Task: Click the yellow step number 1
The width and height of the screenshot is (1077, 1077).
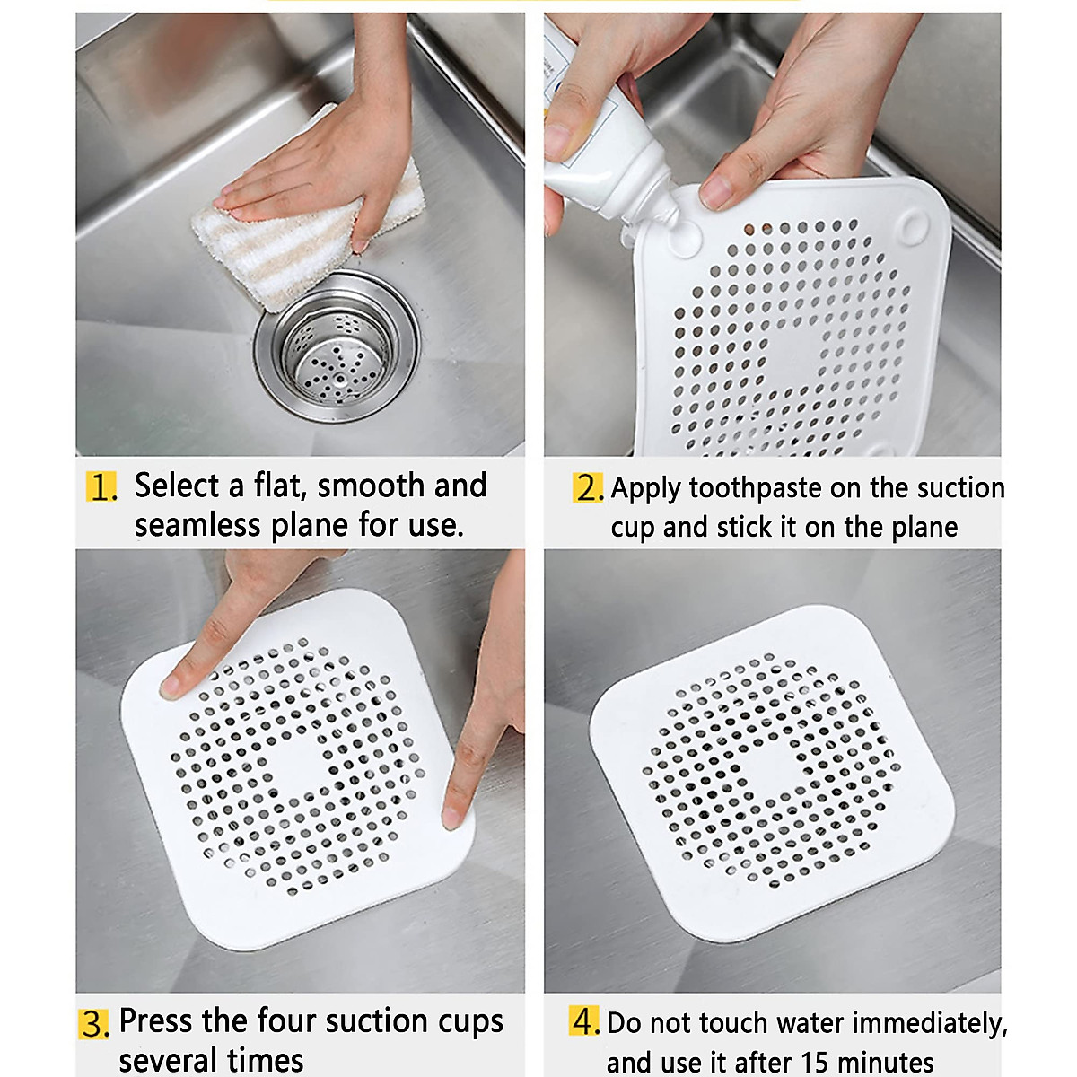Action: click(x=101, y=487)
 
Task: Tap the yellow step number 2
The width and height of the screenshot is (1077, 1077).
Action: click(x=588, y=488)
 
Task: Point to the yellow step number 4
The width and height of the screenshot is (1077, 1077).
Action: click(x=585, y=1021)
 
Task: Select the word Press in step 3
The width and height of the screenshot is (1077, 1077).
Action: click(x=157, y=1021)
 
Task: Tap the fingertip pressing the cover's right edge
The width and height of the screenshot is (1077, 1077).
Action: click(x=456, y=813)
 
